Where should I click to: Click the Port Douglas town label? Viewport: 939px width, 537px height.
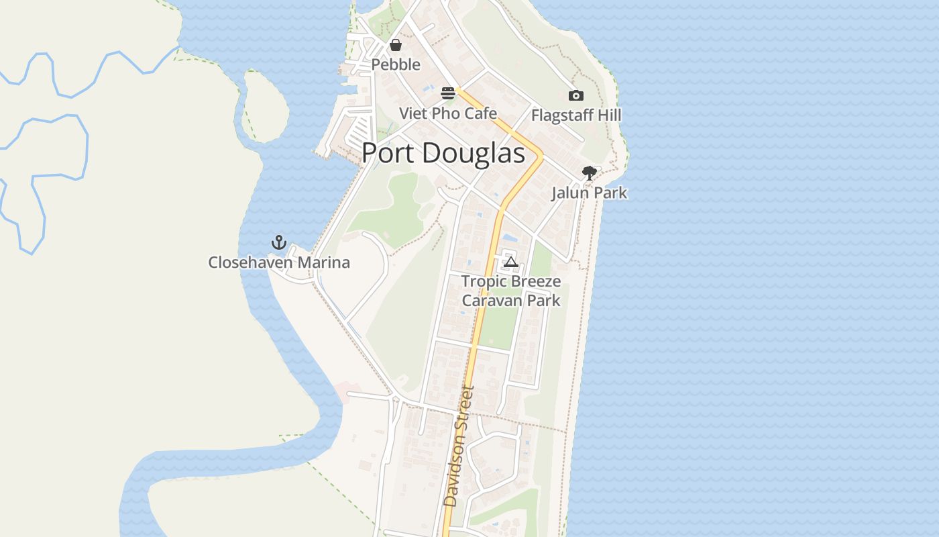click(x=443, y=153)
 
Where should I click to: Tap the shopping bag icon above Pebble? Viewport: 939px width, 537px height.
click(x=396, y=45)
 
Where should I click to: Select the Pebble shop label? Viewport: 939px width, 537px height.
click(x=396, y=64)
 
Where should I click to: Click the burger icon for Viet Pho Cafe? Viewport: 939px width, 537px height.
click(x=448, y=93)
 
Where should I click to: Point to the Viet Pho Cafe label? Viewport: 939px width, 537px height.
click(x=448, y=113)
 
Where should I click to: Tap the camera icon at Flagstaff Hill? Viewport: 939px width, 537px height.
click(x=575, y=96)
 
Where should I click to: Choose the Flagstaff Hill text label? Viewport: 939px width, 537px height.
click(x=576, y=115)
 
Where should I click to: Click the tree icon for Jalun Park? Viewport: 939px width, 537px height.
click(x=589, y=173)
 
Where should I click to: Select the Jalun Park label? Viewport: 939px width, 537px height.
click(x=589, y=193)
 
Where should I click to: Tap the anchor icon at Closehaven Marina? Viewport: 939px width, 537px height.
click(x=278, y=242)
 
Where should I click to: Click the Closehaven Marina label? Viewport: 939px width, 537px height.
click(x=279, y=262)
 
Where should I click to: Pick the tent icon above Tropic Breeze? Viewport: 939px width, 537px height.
click(x=511, y=262)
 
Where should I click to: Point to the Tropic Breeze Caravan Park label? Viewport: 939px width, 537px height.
click(x=511, y=290)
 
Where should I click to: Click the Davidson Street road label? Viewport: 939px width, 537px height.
click(x=459, y=446)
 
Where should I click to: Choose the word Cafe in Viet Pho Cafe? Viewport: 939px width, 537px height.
click(x=480, y=113)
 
